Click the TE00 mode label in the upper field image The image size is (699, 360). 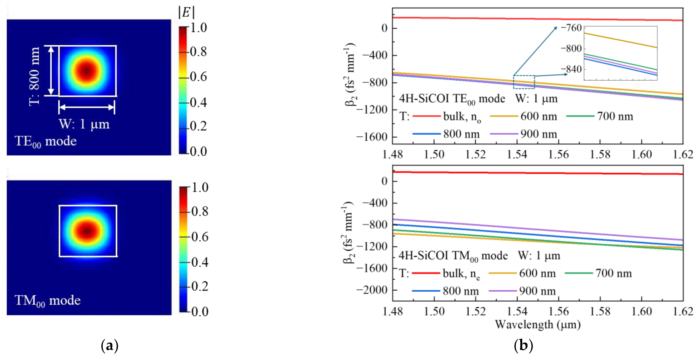tap(46, 141)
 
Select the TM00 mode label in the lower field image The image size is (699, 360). tap(48, 300)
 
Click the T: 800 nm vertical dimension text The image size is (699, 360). tap(35, 76)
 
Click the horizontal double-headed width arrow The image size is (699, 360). tap(87, 107)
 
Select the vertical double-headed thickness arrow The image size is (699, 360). tap(51, 71)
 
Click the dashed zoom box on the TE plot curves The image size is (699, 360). tap(524, 82)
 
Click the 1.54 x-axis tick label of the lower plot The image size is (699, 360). tap(517, 311)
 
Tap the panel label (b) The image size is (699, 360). tap(523, 346)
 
